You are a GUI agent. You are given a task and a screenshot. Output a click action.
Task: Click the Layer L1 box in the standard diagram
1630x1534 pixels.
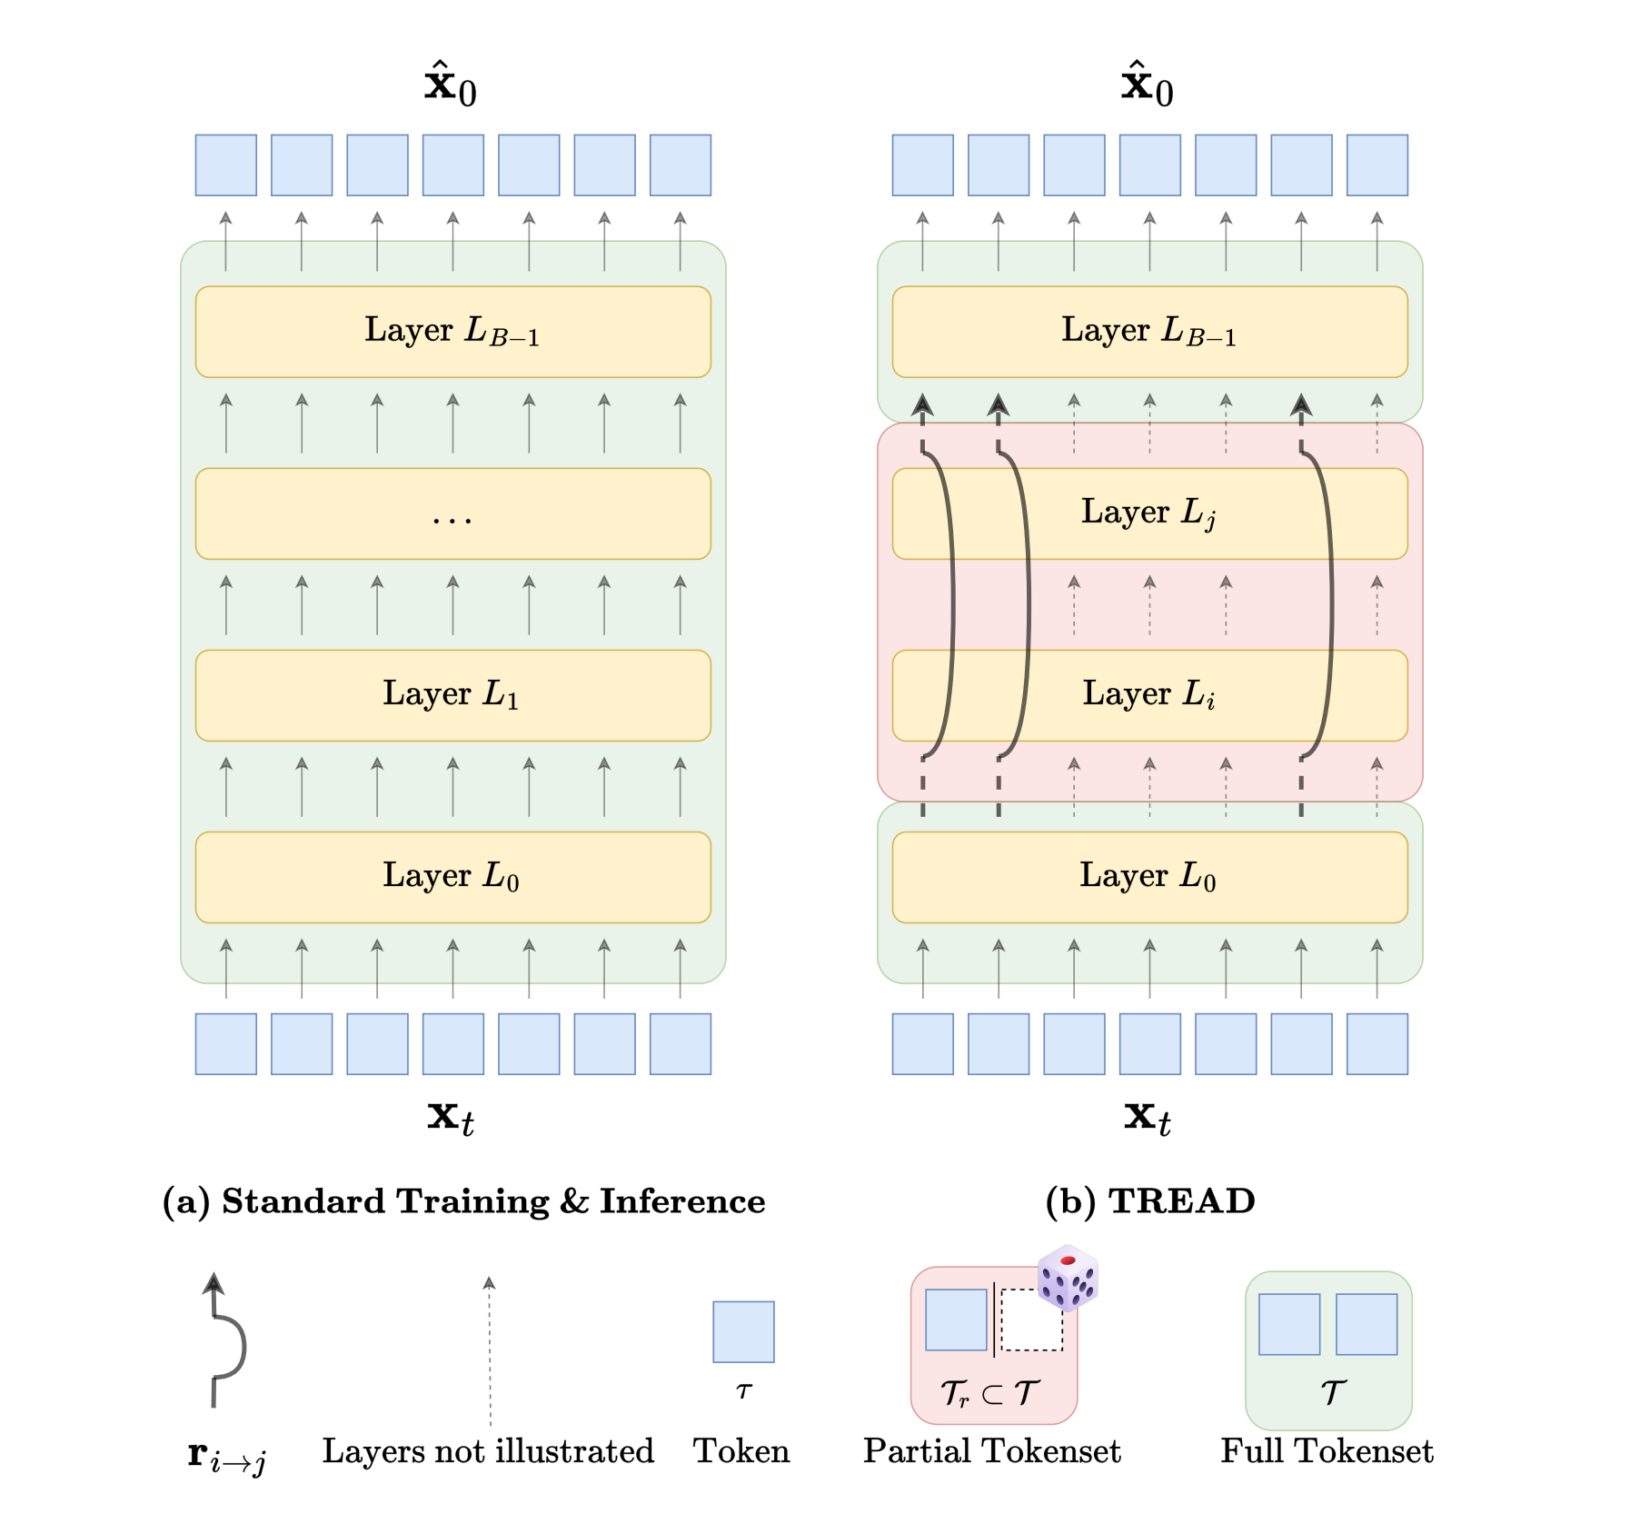[452, 695]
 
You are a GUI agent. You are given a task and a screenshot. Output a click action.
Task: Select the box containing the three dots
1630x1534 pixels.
[452, 513]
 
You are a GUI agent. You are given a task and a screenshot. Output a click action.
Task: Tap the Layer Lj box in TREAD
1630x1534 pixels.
[1149, 513]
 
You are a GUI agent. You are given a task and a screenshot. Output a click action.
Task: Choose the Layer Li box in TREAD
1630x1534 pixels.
[1149, 695]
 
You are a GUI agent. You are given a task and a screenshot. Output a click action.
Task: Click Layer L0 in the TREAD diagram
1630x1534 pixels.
[1149, 877]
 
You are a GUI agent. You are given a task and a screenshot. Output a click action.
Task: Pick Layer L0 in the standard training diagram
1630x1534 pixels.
[452, 877]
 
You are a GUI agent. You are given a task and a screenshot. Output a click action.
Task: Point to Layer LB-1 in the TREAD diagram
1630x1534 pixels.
[1149, 332]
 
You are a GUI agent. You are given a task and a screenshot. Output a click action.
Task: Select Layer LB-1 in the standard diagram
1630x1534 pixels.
[452, 332]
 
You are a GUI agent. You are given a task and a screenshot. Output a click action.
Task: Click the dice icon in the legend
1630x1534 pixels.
[1068, 1278]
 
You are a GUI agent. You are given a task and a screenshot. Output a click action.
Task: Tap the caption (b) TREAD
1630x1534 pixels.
[1150, 1201]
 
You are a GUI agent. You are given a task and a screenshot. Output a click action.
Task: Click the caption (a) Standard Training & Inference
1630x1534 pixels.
[463, 1201]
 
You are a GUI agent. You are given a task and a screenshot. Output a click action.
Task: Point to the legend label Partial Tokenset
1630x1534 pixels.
[991, 1451]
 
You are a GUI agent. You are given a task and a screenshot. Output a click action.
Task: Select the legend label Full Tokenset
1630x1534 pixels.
[1327, 1451]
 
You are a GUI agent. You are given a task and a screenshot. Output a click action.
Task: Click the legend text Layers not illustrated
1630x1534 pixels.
[488, 1451]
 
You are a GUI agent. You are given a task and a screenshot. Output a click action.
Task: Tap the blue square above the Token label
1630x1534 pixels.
[743, 1331]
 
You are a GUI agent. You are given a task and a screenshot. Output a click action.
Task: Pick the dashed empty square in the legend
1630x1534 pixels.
[1031, 1320]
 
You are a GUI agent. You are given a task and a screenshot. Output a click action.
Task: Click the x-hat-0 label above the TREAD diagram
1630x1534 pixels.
[1147, 85]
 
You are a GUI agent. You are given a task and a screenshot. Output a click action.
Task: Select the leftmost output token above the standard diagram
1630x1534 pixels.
[226, 165]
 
